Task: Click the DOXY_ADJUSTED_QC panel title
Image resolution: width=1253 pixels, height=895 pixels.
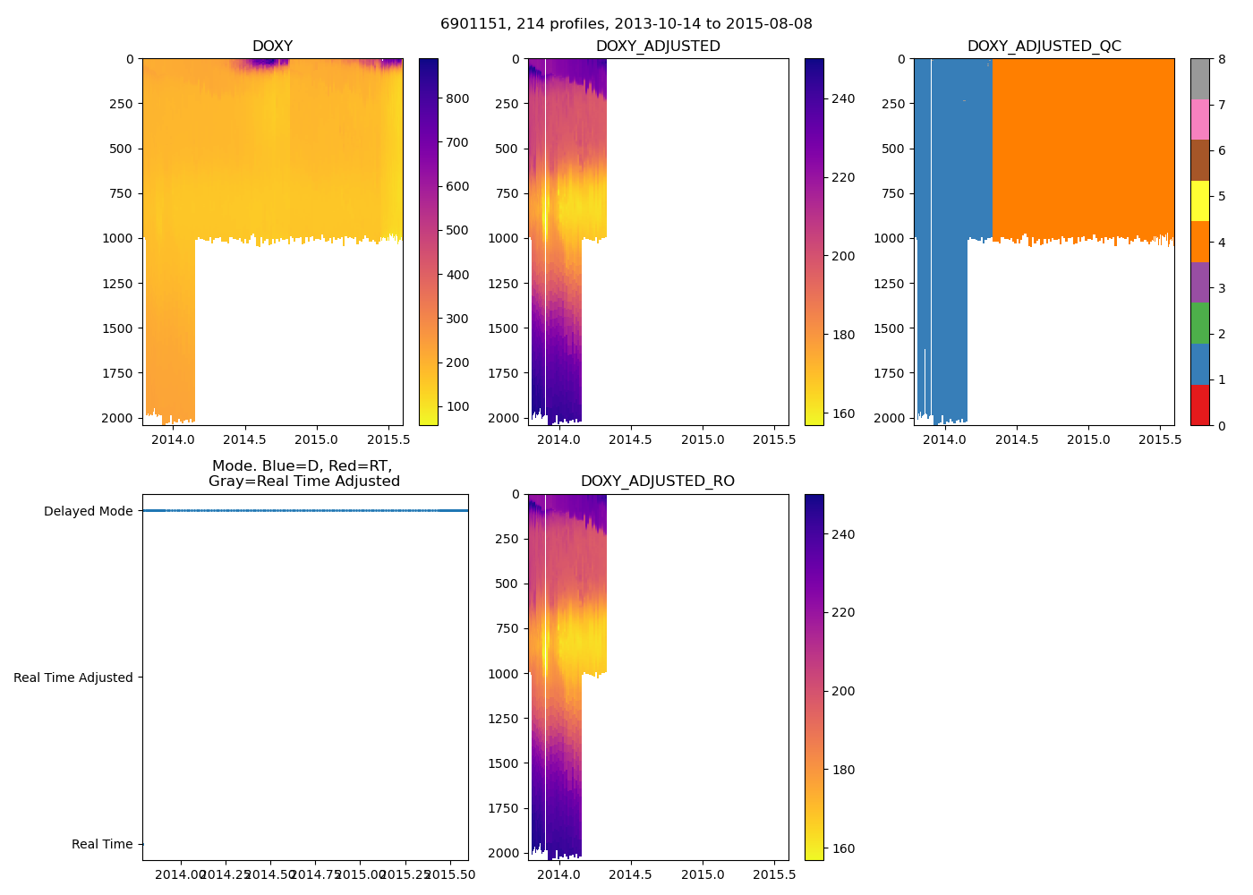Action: pos(1044,47)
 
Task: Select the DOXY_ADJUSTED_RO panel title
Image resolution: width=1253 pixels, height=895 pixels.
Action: pos(658,482)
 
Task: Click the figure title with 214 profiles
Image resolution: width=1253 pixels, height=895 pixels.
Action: pos(626,24)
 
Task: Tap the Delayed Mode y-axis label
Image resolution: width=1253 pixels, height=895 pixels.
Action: pos(88,512)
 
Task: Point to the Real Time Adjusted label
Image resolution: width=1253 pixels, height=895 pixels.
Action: pos(73,678)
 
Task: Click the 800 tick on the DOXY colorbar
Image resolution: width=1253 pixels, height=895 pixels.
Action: pos(457,98)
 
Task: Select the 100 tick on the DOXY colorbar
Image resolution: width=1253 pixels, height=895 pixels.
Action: pos(457,406)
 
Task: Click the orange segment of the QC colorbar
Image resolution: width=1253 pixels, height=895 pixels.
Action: pos(1199,242)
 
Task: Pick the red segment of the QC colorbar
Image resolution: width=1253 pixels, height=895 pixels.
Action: pos(1199,405)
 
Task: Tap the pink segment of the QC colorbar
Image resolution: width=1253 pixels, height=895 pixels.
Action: pos(1199,119)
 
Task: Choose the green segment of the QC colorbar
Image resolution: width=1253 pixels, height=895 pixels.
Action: pos(1199,323)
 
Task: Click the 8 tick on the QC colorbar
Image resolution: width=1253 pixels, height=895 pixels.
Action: pos(1222,59)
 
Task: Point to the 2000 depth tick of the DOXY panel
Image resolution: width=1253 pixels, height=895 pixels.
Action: pos(118,419)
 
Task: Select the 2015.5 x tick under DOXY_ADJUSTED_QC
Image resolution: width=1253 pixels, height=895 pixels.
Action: pos(1160,439)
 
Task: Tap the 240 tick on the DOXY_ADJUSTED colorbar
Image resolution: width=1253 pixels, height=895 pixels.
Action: pos(842,98)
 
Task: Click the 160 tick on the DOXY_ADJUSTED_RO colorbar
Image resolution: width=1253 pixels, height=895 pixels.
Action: pos(842,848)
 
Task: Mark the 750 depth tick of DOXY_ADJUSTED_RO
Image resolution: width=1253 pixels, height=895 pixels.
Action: pos(507,629)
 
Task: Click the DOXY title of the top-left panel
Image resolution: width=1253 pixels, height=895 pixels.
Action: pos(272,47)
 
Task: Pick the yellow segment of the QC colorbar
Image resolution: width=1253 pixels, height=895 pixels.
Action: pos(1199,200)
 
